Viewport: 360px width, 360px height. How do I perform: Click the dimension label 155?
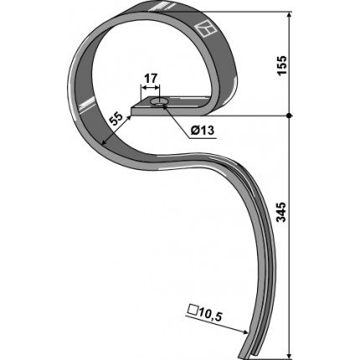pyautogui.click(x=282, y=65)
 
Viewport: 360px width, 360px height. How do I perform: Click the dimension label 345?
pyautogui.click(x=282, y=212)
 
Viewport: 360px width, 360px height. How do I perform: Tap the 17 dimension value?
pyautogui.click(x=151, y=79)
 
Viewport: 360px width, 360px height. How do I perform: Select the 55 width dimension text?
pyautogui.click(x=116, y=120)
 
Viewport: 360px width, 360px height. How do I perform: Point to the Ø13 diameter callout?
pyautogui.click(x=203, y=130)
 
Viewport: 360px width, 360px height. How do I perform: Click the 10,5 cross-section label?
pyautogui.click(x=210, y=316)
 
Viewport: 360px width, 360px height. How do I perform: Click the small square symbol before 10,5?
pyautogui.click(x=193, y=310)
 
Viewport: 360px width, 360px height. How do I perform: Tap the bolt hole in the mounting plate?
pyautogui.click(x=159, y=102)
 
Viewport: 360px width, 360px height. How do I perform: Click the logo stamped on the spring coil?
pyautogui.click(x=204, y=28)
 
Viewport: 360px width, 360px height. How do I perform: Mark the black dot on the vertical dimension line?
pyautogui.click(x=290, y=116)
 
